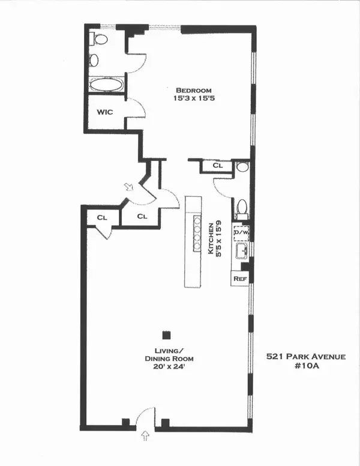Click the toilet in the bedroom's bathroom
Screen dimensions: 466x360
click(100, 40)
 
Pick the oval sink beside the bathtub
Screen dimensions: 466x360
click(94, 60)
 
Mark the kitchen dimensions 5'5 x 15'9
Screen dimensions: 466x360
click(220, 240)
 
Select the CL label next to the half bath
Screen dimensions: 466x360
click(218, 165)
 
